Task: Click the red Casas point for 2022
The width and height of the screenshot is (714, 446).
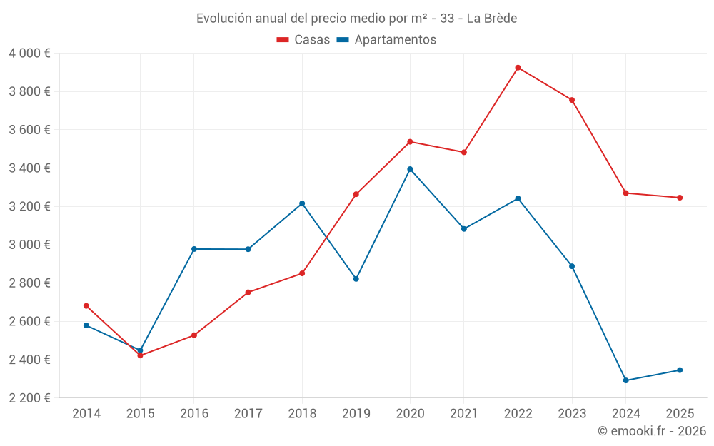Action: click(x=518, y=68)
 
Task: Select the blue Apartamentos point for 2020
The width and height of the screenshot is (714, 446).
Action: click(x=410, y=169)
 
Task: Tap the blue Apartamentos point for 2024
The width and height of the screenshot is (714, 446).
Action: click(x=626, y=380)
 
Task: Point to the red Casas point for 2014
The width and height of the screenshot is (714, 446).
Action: click(x=86, y=306)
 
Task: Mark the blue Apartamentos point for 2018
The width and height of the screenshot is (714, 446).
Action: click(x=302, y=203)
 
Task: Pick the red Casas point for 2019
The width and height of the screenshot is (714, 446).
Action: click(x=356, y=194)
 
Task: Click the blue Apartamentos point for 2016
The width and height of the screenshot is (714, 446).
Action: click(x=194, y=249)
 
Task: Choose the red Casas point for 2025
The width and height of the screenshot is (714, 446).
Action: click(x=680, y=198)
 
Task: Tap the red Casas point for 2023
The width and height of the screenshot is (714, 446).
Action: click(x=572, y=100)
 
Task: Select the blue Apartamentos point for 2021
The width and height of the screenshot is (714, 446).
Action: click(x=464, y=229)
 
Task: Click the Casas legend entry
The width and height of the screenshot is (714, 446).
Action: click(x=304, y=40)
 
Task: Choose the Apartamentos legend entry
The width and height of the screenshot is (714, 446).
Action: click(x=386, y=40)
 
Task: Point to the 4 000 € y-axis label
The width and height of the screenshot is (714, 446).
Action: click(x=29, y=54)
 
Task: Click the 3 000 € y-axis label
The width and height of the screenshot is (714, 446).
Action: click(x=29, y=245)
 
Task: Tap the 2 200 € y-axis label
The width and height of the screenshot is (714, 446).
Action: click(x=29, y=398)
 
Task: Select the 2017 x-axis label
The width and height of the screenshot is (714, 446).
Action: click(x=248, y=414)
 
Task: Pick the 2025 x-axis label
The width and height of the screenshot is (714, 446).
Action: click(x=680, y=414)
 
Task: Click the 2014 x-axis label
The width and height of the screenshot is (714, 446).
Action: click(x=86, y=414)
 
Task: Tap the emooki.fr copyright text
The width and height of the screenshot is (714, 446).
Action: click(x=652, y=431)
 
